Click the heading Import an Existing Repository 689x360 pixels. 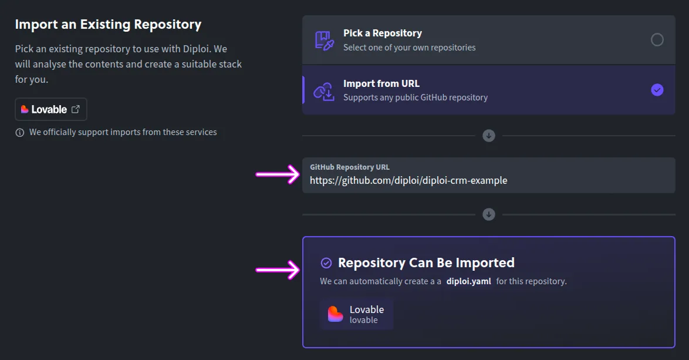(x=108, y=25)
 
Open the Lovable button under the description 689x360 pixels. (x=50, y=109)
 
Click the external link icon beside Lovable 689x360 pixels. (x=76, y=109)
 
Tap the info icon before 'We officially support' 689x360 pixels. (x=20, y=132)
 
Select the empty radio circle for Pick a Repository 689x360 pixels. (x=657, y=39)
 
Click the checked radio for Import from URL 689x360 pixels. (x=657, y=90)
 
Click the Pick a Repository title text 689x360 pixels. (x=382, y=33)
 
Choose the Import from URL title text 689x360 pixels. (x=381, y=83)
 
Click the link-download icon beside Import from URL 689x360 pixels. (x=323, y=90)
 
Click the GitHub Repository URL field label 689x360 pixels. (x=349, y=167)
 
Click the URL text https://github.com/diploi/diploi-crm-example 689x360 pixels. (x=408, y=180)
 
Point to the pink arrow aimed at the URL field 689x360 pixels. (x=278, y=174)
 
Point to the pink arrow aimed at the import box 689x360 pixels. (x=278, y=270)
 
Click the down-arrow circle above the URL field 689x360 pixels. (x=489, y=136)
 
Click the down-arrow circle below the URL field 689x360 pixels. (x=489, y=214)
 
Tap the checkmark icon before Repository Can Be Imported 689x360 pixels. (x=326, y=263)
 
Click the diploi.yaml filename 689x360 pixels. (x=468, y=281)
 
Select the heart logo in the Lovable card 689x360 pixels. (x=335, y=314)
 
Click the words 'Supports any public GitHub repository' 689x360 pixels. (x=415, y=97)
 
